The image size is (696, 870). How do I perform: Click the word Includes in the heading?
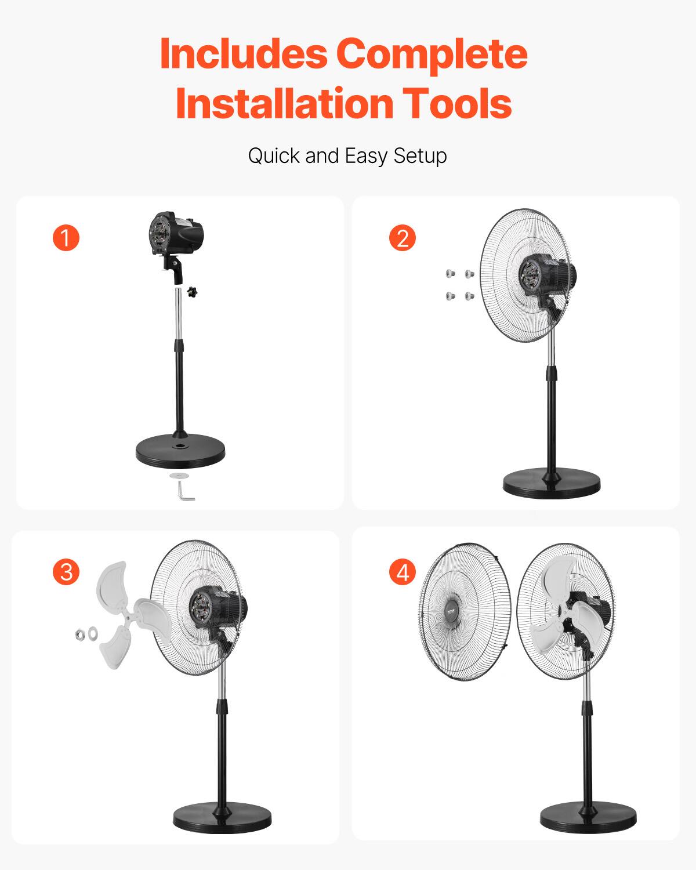click(244, 53)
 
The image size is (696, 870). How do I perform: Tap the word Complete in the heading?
click(432, 53)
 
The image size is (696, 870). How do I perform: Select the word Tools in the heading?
click(458, 103)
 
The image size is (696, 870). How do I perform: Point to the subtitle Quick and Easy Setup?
click(347, 156)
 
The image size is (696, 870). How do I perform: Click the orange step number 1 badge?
click(66, 238)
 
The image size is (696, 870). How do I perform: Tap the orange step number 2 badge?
click(403, 238)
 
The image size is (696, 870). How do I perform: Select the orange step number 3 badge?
click(66, 572)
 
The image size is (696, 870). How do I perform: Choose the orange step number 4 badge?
click(403, 572)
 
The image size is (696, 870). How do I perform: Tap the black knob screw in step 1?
click(193, 292)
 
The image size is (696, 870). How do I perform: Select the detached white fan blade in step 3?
click(125, 615)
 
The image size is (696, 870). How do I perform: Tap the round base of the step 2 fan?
click(552, 483)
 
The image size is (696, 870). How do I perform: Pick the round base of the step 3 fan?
click(222, 818)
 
